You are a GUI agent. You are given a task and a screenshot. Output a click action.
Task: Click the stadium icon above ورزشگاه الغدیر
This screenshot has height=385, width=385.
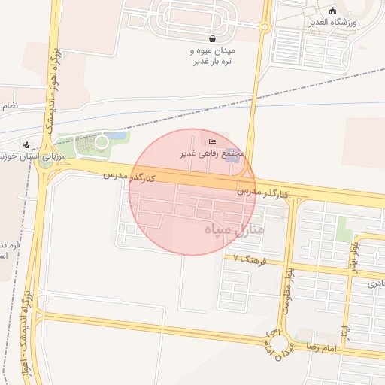pos(333,11)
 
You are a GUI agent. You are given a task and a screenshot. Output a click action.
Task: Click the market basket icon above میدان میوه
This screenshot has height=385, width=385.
pos(212,38)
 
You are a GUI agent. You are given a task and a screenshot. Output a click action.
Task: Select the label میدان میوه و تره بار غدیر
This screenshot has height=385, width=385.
pos(211,56)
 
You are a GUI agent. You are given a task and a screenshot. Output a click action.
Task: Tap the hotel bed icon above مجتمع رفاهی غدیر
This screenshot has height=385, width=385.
pos(211,142)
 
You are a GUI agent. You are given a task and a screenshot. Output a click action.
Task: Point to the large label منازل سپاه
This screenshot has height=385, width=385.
pos(234,228)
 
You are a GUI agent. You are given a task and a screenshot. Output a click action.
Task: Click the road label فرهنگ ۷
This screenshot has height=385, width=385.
pos(250,260)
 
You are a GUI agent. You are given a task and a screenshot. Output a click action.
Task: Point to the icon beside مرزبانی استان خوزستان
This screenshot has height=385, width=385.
pos(26,144)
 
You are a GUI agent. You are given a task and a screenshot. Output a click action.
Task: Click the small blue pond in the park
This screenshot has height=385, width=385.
pos(117,137)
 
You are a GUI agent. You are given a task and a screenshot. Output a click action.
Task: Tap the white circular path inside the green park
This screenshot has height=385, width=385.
pos(102,141)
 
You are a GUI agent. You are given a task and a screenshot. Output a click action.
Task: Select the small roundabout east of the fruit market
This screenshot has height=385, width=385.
pos(265,28)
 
